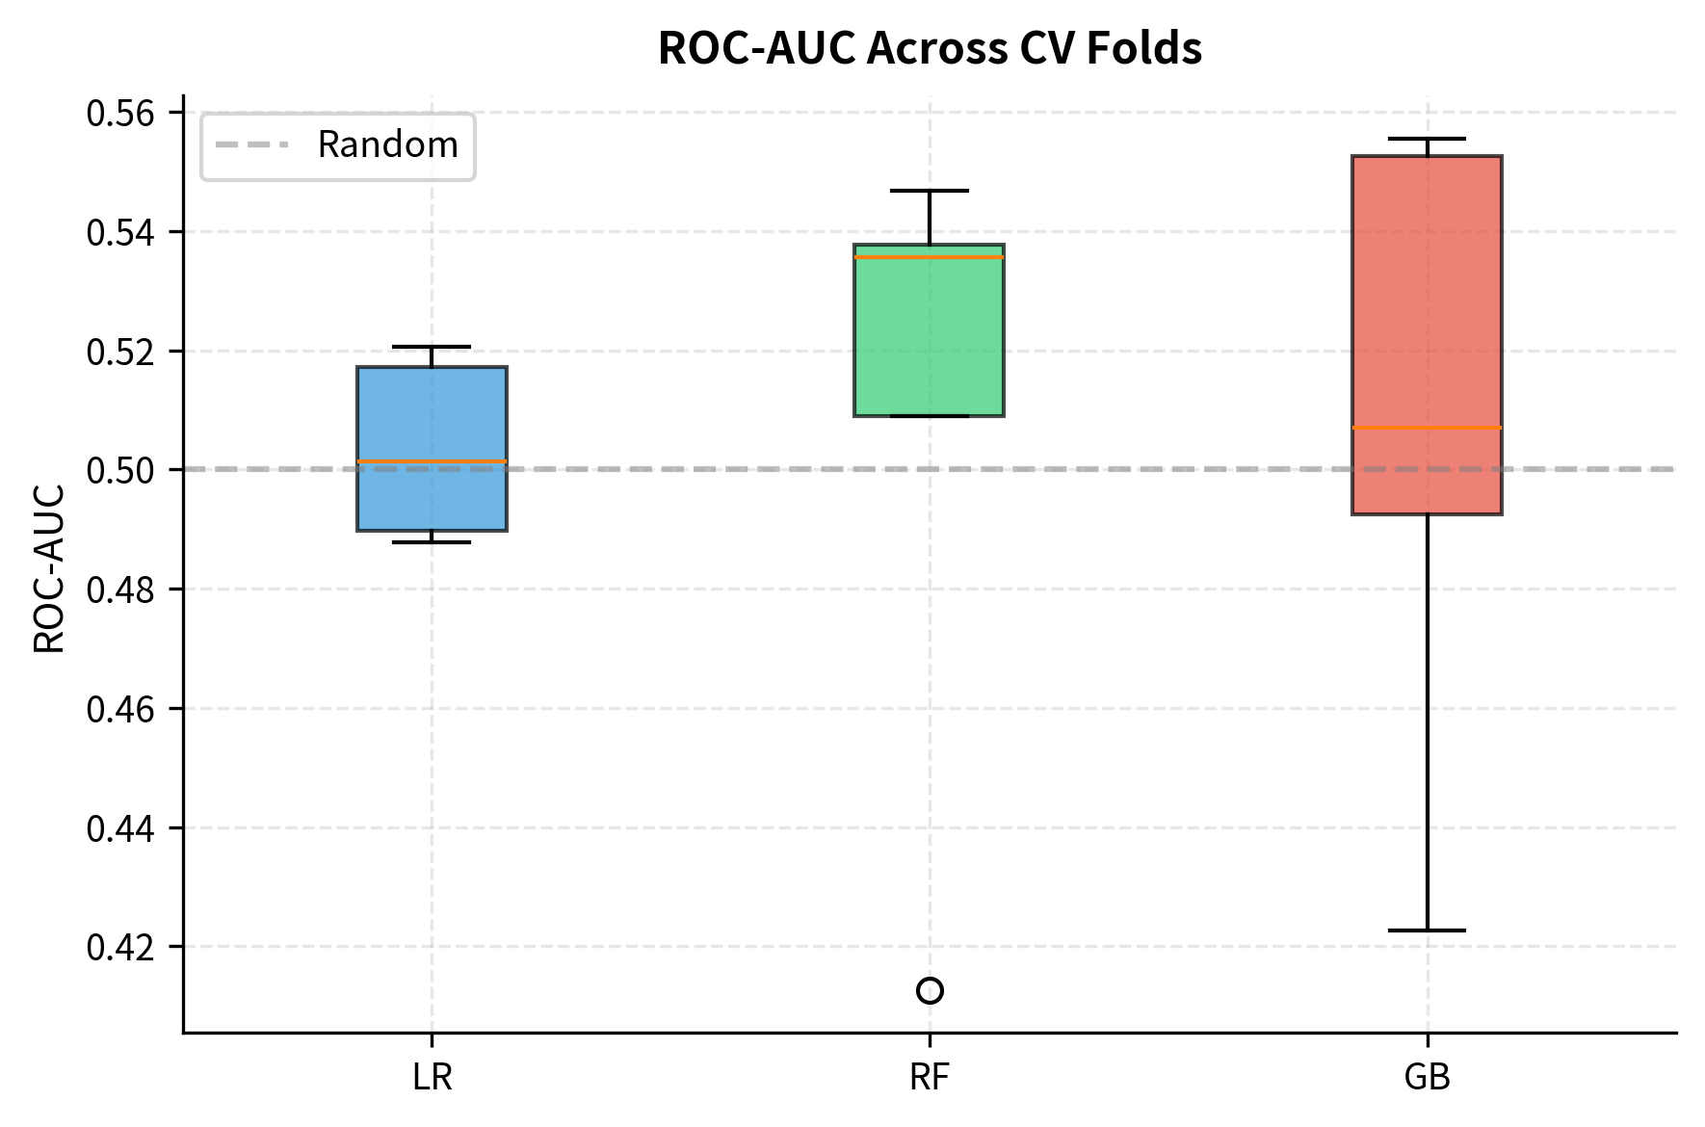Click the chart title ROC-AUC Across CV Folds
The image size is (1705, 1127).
click(930, 48)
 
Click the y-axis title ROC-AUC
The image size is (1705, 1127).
click(50, 568)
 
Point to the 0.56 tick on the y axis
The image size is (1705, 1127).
click(120, 114)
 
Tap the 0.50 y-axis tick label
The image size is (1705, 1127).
click(120, 471)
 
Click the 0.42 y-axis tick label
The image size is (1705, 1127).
click(120, 948)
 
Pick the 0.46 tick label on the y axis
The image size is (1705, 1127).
click(120, 710)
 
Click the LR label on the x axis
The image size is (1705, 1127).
click(432, 1077)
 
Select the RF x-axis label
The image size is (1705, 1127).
click(930, 1077)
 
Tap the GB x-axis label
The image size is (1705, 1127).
click(1427, 1077)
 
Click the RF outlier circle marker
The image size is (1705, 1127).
click(930, 990)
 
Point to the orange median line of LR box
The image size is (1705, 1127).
click(432, 462)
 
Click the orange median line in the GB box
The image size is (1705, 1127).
click(1427, 427)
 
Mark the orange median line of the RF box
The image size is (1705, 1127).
click(930, 257)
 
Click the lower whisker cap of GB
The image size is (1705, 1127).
click(1427, 930)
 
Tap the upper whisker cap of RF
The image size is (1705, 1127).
click(930, 191)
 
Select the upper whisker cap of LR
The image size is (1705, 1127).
click(432, 347)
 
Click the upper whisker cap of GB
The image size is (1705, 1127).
click(1427, 139)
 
